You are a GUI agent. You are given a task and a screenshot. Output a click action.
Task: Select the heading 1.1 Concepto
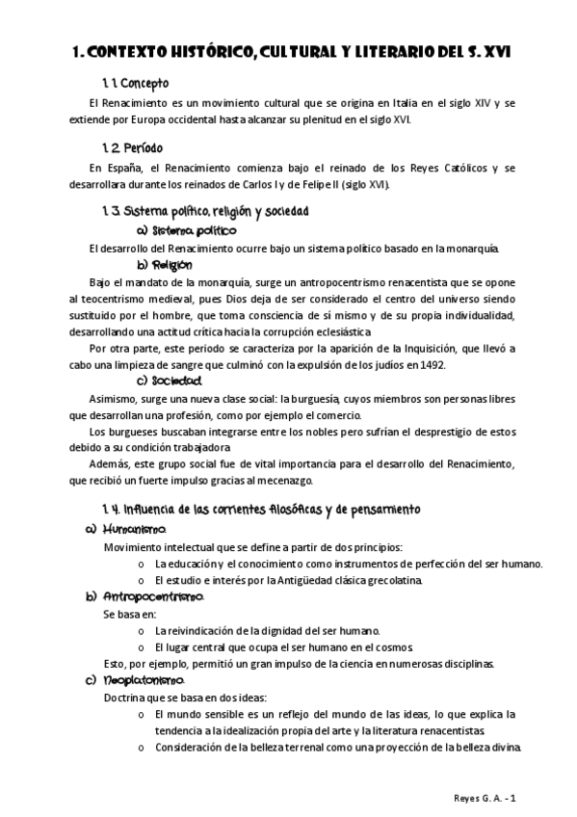(x=135, y=84)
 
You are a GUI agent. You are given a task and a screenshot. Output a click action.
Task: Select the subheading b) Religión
(x=165, y=265)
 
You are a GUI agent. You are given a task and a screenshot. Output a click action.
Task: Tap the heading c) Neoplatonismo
(x=135, y=680)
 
